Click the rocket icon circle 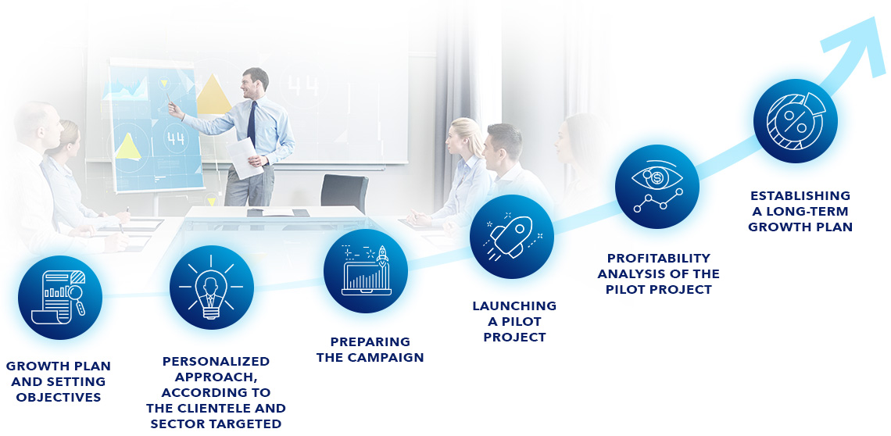pyautogui.click(x=511, y=237)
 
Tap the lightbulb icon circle pyautogui.click(x=211, y=288)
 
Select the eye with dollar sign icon pyautogui.click(x=657, y=187)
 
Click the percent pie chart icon pyautogui.click(x=796, y=120)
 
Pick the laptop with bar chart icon pyautogui.click(x=366, y=271)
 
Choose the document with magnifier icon pyautogui.click(x=59, y=297)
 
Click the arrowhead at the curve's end pyautogui.click(x=858, y=43)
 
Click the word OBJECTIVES pyautogui.click(x=59, y=398)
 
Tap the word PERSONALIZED pyautogui.click(x=216, y=362)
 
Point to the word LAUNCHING pyautogui.click(x=514, y=306)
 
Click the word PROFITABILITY pyautogui.click(x=659, y=258)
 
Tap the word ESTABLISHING pyautogui.click(x=800, y=195)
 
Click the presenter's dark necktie pyautogui.click(x=252, y=123)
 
